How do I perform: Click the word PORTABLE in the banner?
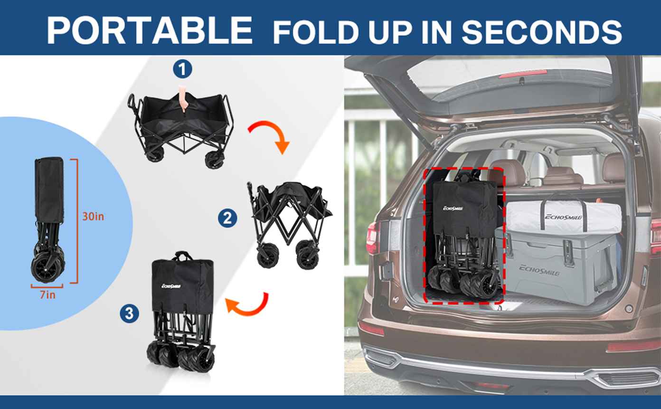tap(149, 30)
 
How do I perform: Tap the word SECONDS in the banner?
tap(542, 32)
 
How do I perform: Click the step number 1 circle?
tap(182, 69)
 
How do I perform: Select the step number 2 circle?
tap(227, 218)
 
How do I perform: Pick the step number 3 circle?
tap(129, 313)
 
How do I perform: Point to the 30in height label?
tap(93, 216)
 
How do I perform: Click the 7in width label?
tap(48, 295)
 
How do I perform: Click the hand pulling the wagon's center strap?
tap(183, 98)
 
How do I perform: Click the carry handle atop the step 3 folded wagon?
tap(182, 256)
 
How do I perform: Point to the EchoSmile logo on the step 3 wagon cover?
tap(171, 285)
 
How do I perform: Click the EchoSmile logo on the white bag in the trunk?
tap(563, 217)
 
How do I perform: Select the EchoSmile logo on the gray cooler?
tap(539, 270)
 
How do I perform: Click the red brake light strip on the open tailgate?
tap(523, 74)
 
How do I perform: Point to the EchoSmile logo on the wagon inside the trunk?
tap(453, 209)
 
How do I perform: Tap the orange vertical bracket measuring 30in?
tap(77, 221)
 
